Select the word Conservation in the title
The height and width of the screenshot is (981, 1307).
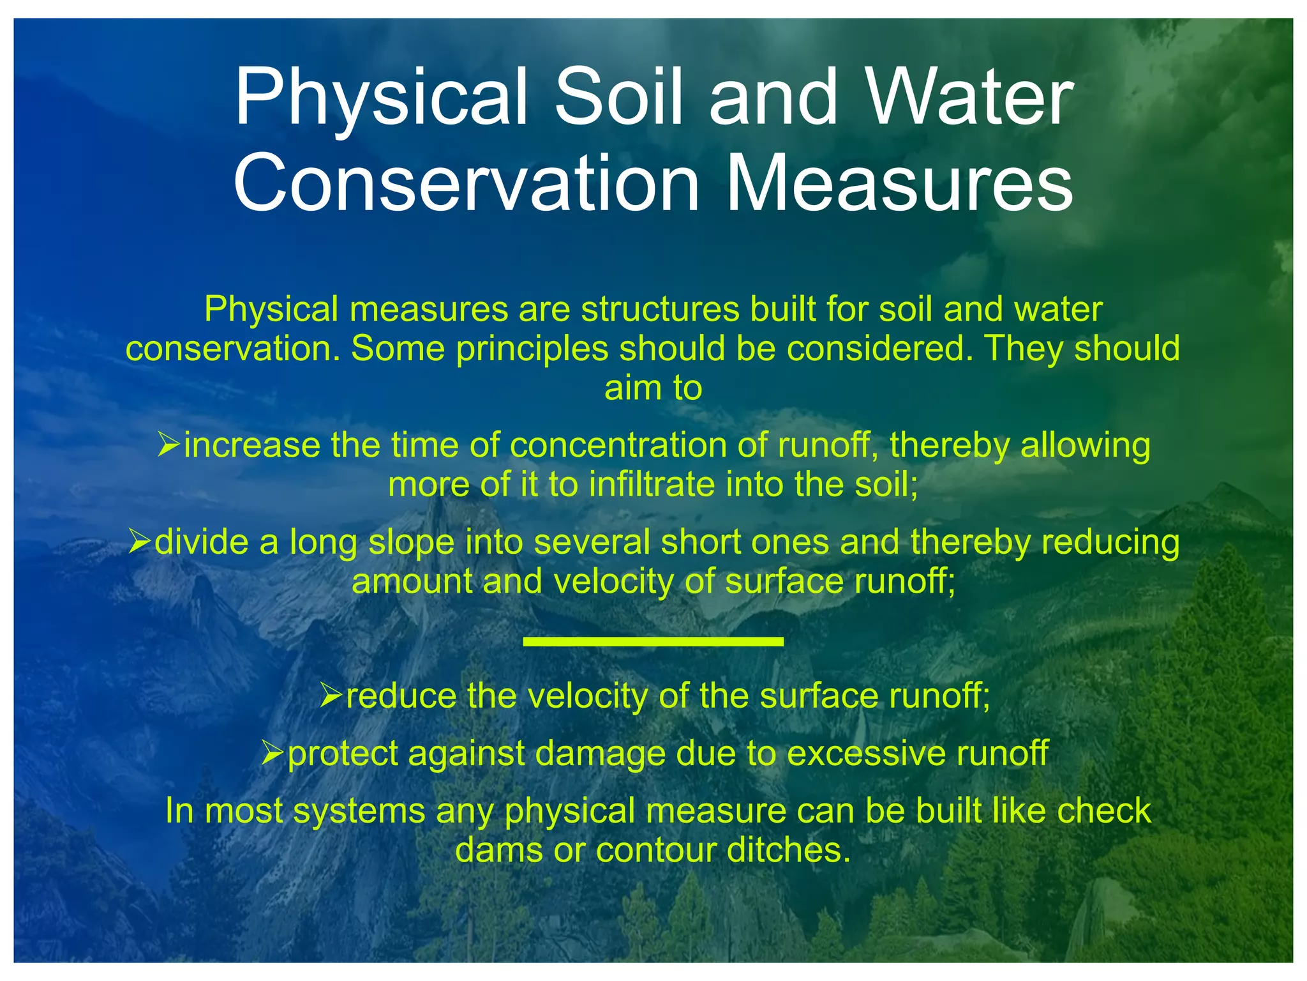(467, 183)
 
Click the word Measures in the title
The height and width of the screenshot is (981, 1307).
(899, 183)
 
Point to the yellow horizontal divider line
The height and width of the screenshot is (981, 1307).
(653, 641)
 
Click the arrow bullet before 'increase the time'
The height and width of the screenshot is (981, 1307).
(169, 444)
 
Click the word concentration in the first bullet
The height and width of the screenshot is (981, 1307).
(618, 445)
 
